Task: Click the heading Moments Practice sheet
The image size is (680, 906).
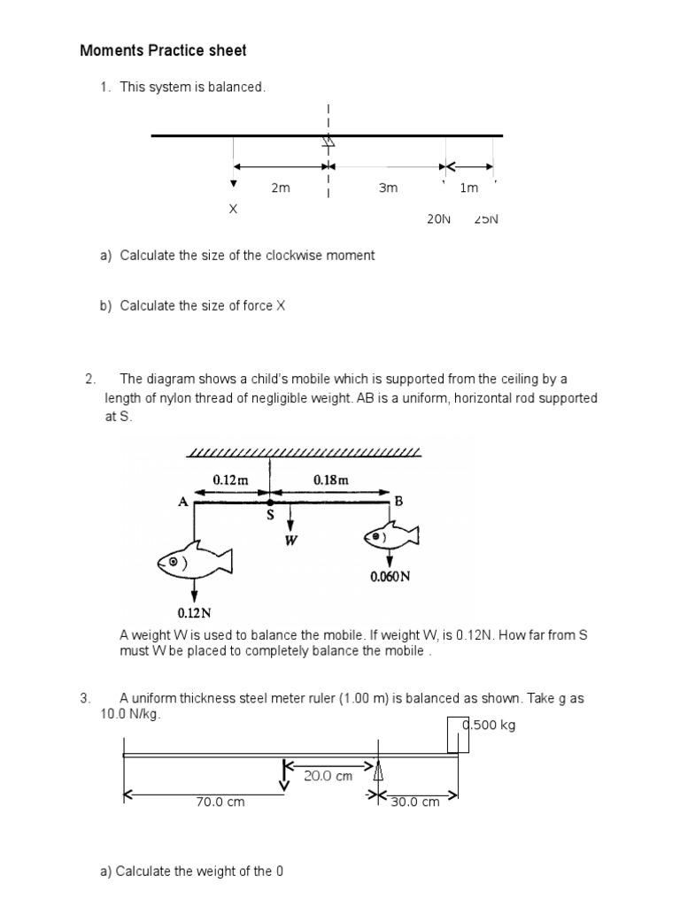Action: pos(163,50)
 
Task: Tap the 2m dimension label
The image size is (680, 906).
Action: pos(281,188)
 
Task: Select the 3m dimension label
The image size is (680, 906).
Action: pos(388,188)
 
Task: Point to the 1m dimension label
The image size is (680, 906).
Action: pos(468,188)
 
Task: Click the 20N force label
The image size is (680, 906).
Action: pos(439,219)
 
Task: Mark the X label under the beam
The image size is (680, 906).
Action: pos(233,210)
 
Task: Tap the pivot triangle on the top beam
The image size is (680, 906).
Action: pos(328,141)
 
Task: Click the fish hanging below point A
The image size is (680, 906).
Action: pos(194,561)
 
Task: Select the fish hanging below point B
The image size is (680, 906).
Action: pos(390,535)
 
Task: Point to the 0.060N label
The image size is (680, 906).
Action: pos(390,577)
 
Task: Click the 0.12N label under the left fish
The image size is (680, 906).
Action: pos(195,612)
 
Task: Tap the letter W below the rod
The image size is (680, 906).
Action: pos(290,541)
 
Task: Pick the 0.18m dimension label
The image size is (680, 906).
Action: pos(331,480)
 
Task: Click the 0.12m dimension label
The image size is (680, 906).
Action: pos(230,480)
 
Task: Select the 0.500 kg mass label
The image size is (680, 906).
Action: pos(488,726)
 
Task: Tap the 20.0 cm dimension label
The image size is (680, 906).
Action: pos(328,776)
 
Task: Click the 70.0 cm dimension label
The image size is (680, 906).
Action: pos(220,802)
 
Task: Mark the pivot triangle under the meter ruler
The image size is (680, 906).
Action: pos(378,772)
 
